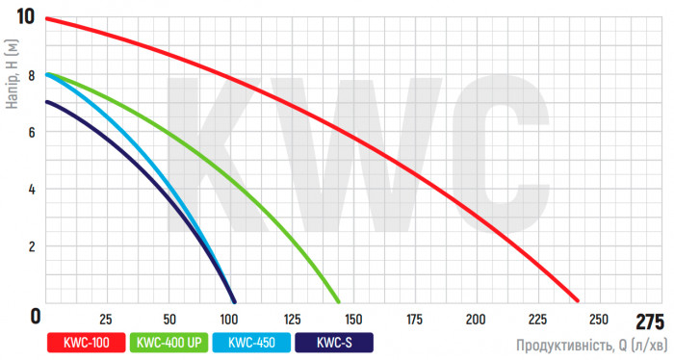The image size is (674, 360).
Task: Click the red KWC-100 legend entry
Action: pyautogui.click(x=85, y=342)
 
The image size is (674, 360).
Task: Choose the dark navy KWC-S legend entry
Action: pyautogui.click(x=333, y=342)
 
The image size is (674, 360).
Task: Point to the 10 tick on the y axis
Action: pyautogui.click(x=25, y=17)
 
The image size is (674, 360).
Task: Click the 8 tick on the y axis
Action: pyautogui.click(x=32, y=75)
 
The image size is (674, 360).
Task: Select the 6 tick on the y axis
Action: pyautogui.click(x=32, y=132)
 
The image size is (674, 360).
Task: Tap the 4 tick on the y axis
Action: pyautogui.click(x=32, y=189)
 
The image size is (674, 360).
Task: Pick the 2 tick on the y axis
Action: pyautogui.click(x=32, y=246)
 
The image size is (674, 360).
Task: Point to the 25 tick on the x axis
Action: pyautogui.click(x=107, y=320)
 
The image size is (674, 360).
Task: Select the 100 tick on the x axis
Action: pyautogui.click(x=229, y=320)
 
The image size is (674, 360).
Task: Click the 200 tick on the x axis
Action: pyautogui.click(x=476, y=320)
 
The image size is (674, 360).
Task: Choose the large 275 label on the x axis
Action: pyautogui.click(x=650, y=321)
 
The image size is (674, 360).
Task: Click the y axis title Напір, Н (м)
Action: pyautogui.click(x=11, y=74)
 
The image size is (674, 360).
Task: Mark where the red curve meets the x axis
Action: pyautogui.click(x=578, y=300)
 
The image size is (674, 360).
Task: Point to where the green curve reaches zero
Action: pyautogui.click(x=340, y=300)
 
